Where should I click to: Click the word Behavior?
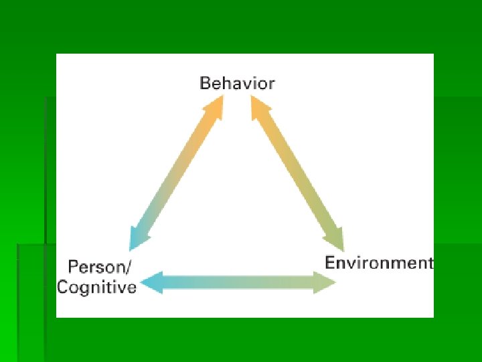coord(237,84)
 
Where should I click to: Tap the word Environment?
coord(379,262)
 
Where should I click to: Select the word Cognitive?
coord(96,288)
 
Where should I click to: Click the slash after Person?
coord(129,267)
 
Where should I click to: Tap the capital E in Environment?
coord(330,262)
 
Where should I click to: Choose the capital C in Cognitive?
coord(63,288)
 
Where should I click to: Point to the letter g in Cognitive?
coord(87,289)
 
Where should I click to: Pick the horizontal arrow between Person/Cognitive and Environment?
coord(240,282)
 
